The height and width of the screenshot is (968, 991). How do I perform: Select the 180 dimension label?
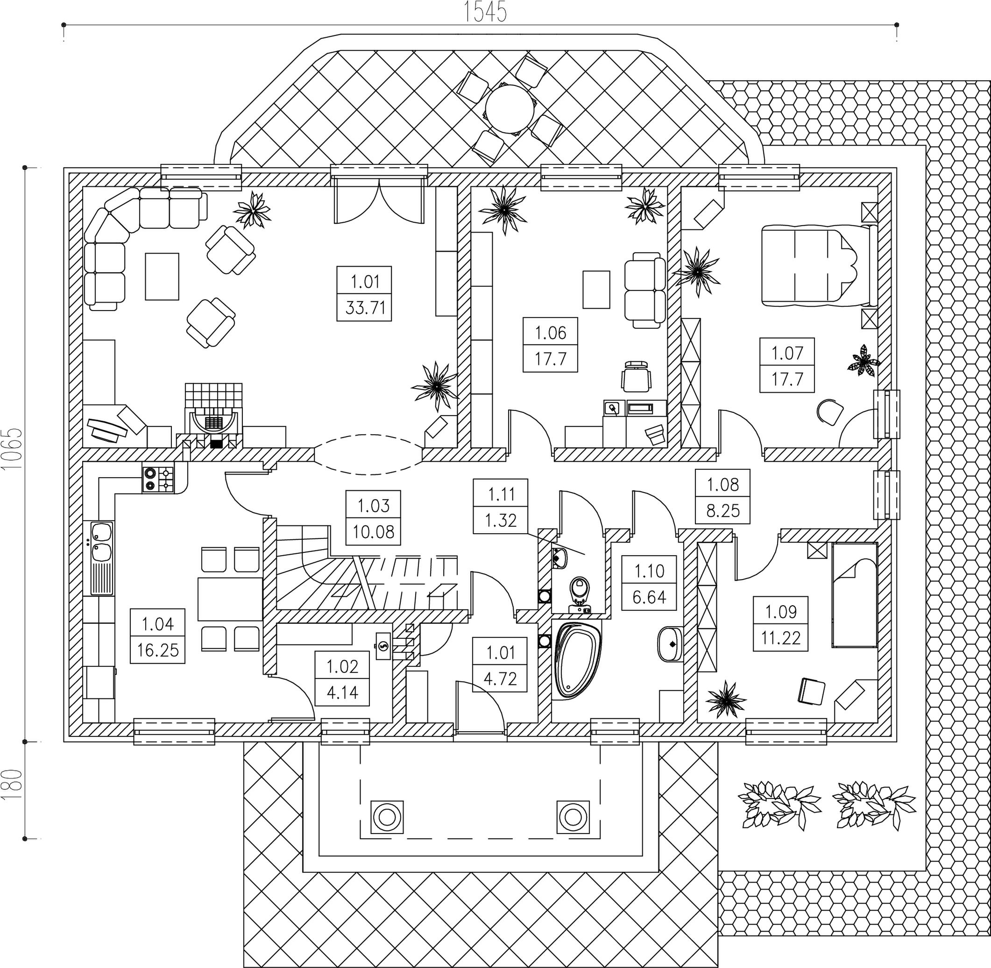[x=13, y=785]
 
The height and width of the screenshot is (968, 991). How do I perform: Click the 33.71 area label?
[x=364, y=308]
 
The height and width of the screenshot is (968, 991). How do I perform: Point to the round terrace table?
[x=510, y=109]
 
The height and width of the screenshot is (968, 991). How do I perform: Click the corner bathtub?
[x=578, y=661]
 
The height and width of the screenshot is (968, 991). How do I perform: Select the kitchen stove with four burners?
[x=159, y=479]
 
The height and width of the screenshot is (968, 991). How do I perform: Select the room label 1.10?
[x=649, y=571]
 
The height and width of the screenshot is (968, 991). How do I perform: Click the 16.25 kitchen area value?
[x=158, y=650]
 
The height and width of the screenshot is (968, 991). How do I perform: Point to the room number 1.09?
[x=780, y=611]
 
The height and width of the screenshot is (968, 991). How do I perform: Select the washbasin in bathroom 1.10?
[x=671, y=644]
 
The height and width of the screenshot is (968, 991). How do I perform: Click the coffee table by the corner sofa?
[x=162, y=277]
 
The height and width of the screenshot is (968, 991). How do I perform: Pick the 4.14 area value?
[x=342, y=692]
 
